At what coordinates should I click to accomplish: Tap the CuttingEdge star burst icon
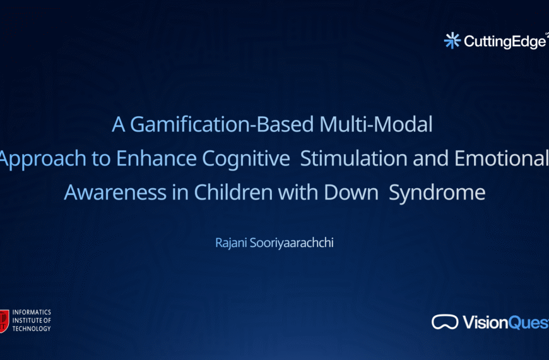point(452,40)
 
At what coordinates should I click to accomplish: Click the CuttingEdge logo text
point(504,42)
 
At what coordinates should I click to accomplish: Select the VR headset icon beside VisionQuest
point(445,322)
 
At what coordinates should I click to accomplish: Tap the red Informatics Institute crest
point(4,320)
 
